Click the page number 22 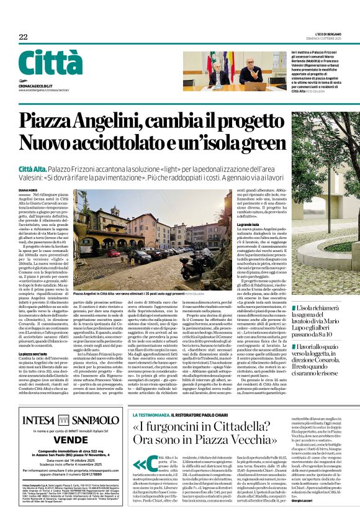tap(23, 37)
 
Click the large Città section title tap(50, 63)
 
